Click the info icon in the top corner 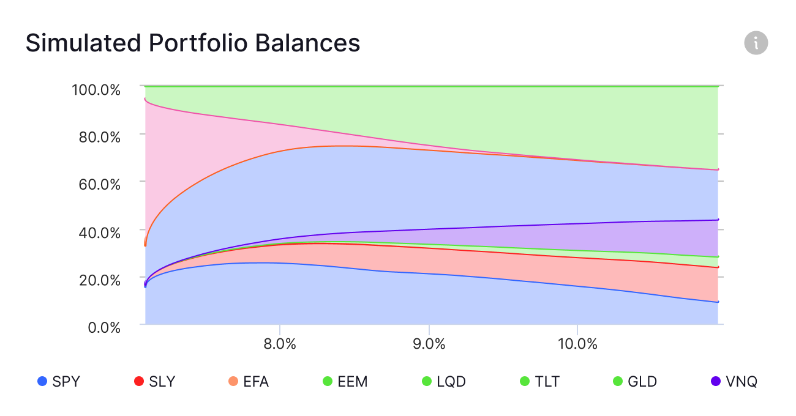pos(756,43)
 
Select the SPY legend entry pos(59,382)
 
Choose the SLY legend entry pos(154,382)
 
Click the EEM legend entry pos(345,382)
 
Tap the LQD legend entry pos(444,382)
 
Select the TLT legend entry pos(539,382)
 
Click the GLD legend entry pos(635,382)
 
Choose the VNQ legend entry pos(734,382)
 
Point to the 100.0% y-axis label pos(96,90)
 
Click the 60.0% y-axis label pos(100,184)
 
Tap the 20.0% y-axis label pos(100,279)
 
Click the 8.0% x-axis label pos(279,344)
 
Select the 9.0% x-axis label pos(429,344)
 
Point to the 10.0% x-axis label pos(577,344)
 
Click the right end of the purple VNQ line pos(717,220)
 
